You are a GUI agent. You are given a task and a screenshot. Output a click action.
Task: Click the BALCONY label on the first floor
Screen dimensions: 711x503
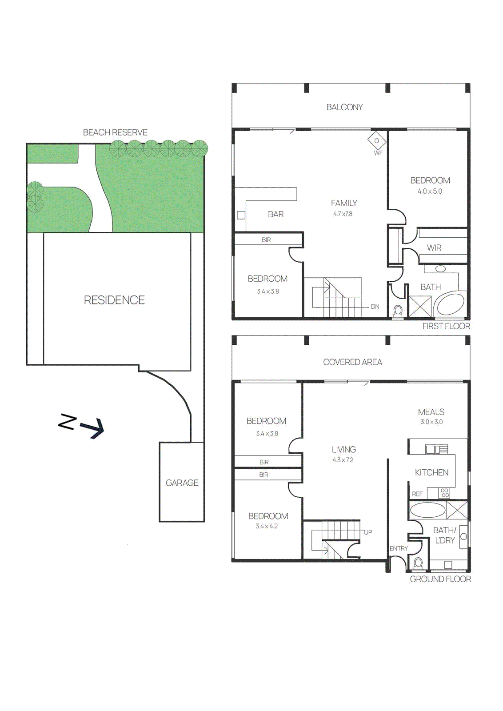[x=344, y=107]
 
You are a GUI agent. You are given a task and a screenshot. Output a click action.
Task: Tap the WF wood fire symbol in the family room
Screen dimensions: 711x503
[x=377, y=141]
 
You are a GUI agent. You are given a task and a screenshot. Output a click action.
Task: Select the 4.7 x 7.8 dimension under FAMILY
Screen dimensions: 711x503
[x=343, y=214]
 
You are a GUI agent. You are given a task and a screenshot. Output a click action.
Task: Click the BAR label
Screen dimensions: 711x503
[x=275, y=214]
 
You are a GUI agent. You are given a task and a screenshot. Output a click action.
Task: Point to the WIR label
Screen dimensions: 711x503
[x=434, y=248]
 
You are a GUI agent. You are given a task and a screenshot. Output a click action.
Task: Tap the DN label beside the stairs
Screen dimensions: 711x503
[x=375, y=307]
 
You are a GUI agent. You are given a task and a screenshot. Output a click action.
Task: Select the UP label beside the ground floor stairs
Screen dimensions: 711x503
[x=368, y=532]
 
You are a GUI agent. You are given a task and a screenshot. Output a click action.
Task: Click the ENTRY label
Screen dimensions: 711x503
[x=399, y=548]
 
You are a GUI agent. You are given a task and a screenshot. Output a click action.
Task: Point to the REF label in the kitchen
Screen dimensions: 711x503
[x=417, y=494]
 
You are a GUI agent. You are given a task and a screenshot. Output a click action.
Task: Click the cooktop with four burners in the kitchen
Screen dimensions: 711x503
[x=444, y=493]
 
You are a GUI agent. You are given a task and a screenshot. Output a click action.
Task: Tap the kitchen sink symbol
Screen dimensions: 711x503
[x=436, y=449]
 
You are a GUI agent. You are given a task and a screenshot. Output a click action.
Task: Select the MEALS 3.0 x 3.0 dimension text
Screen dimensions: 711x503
[x=431, y=422]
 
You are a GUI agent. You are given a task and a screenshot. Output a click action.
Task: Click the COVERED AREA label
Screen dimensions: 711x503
[x=352, y=362]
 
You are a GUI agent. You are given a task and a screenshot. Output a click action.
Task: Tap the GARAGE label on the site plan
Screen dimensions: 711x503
[x=182, y=483]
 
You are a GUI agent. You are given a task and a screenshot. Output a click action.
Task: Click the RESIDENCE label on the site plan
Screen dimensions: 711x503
[x=114, y=300]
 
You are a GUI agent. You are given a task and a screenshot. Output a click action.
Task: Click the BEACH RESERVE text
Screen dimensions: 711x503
[x=115, y=132]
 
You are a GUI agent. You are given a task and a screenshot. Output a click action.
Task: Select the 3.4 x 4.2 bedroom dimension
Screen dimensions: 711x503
[x=267, y=526]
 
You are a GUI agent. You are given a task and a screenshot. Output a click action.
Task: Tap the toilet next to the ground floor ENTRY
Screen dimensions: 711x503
[x=418, y=563]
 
